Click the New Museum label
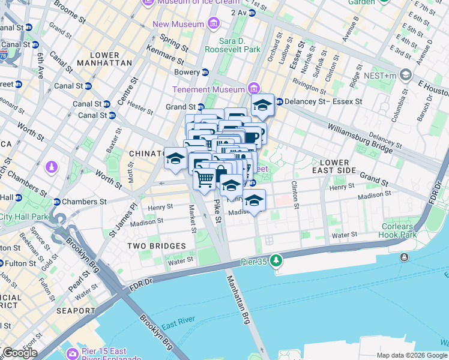coord(179,25)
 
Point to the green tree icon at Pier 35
coord(276,260)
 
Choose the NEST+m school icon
coord(405,75)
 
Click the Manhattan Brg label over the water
coord(238,299)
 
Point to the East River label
coord(176,325)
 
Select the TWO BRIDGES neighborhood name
coord(156,246)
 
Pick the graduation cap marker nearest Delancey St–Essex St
coord(262,106)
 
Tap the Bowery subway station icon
coord(205,73)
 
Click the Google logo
coord(19,353)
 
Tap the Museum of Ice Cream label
coord(191,2)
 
